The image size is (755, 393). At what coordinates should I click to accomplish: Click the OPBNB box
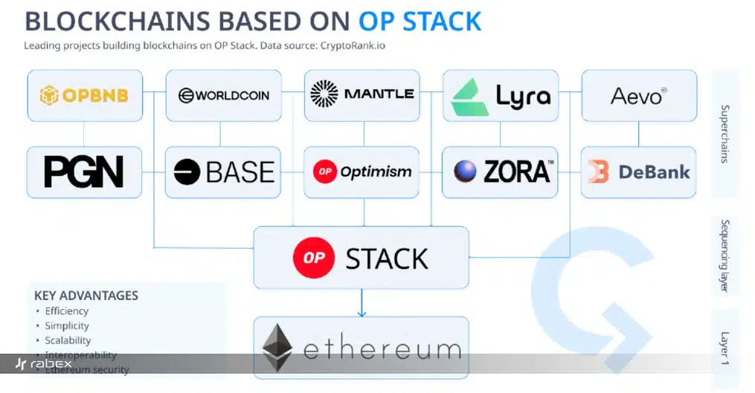(x=83, y=95)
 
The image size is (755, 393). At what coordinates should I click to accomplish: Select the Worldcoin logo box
(x=223, y=95)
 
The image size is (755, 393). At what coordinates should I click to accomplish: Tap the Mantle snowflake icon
(x=324, y=94)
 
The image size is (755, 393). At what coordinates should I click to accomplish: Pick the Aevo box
(x=639, y=95)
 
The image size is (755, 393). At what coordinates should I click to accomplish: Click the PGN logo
(x=83, y=172)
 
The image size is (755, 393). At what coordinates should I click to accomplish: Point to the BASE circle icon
(x=187, y=172)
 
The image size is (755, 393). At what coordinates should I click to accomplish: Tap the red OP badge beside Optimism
(x=324, y=172)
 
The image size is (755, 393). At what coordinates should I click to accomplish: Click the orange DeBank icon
(x=598, y=172)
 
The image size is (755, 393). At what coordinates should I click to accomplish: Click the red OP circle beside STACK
(x=313, y=258)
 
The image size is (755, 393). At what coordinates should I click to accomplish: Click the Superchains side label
(x=726, y=134)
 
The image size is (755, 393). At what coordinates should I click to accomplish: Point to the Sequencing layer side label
(x=726, y=256)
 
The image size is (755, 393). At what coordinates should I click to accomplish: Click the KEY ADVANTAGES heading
(x=86, y=295)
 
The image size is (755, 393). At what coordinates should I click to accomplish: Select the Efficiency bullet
(x=66, y=311)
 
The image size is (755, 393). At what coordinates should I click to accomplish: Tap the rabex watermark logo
(x=44, y=364)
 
